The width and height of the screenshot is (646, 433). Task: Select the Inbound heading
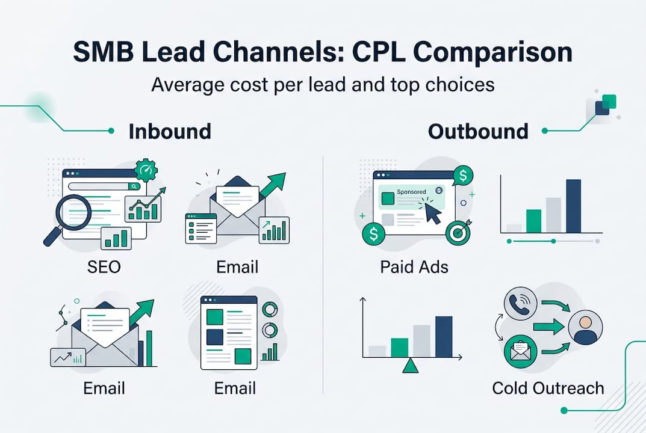click(170, 131)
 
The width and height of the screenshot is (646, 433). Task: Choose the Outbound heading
click(478, 131)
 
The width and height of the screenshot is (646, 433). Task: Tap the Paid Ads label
click(414, 266)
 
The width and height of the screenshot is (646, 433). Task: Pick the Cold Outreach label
click(547, 388)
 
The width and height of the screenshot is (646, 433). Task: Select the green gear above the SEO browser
click(145, 170)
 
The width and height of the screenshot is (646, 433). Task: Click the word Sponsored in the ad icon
click(411, 192)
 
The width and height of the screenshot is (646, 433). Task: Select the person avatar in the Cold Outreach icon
click(585, 328)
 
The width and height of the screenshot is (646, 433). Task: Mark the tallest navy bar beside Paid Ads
click(573, 206)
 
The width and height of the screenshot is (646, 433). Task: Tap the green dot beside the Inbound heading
click(111, 131)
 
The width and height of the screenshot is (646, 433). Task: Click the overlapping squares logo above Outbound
click(604, 105)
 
